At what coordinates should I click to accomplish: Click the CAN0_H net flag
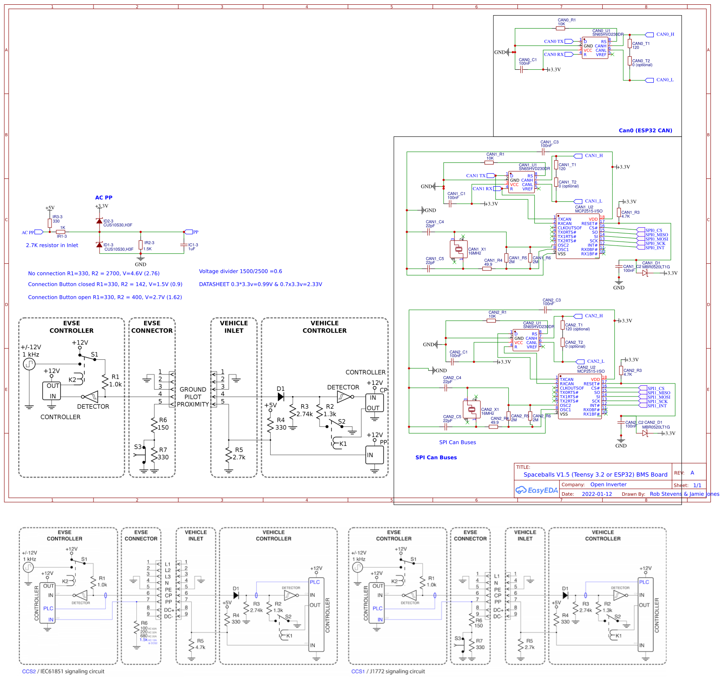(x=649, y=35)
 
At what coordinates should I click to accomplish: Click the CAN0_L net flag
(x=649, y=80)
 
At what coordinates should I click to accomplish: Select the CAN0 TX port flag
(x=569, y=42)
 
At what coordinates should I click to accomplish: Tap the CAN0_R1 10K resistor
(x=560, y=29)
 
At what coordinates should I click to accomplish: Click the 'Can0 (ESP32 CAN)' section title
(x=645, y=130)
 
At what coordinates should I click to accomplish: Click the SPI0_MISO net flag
(x=641, y=235)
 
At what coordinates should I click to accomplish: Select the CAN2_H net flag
(x=578, y=316)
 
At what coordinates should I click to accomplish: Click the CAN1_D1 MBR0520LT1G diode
(x=645, y=273)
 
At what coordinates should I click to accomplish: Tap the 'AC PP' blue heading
(x=103, y=197)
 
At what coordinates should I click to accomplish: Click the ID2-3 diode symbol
(x=99, y=221)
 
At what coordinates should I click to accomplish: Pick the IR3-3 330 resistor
(x=50, y=223)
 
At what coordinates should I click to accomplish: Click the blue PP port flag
(x=188, y=232)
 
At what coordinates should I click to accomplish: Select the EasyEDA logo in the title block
(x=536, y=490)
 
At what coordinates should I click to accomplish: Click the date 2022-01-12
(x=597, y=494)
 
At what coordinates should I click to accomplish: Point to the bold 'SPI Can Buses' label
(x=436, y=457)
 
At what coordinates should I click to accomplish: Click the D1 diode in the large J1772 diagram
(x=281, y=397)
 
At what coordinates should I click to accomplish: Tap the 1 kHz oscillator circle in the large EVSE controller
(x=29, y=364)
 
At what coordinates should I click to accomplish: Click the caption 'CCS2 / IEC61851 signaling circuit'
(x=63, y=671)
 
